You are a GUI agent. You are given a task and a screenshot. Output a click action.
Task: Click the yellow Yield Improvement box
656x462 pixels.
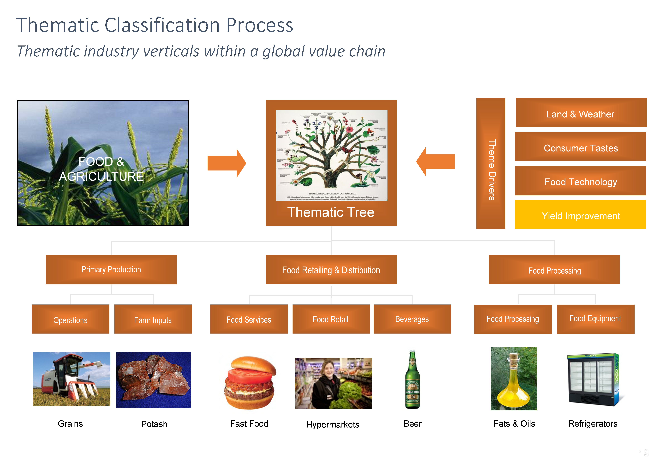click(581, 214)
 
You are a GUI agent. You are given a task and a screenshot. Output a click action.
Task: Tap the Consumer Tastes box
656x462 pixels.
click(581, 147)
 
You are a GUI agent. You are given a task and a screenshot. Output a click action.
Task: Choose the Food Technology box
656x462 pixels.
click(581, 181)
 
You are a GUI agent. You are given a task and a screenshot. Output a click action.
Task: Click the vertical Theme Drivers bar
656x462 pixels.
click(491, 163)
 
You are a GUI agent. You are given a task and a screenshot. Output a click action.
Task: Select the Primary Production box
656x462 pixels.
click(111, 270)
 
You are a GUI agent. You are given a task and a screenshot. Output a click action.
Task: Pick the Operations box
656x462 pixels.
click(70, 319)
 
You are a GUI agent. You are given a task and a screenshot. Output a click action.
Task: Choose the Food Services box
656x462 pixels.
click(249, 319)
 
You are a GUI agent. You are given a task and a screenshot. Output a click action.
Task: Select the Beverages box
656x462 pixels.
click(412, 319)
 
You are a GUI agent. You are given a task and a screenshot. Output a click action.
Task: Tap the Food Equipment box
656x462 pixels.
click(595, 319)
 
